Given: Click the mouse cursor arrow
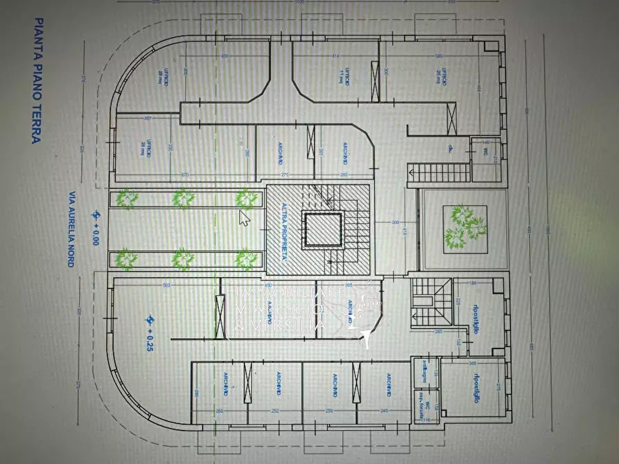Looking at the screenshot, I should [244, 218].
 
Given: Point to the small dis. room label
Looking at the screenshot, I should [450, 148].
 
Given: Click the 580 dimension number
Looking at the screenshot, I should [439, 55].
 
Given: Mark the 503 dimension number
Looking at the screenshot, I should [166, 285].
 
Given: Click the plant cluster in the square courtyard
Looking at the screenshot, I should [462, 227].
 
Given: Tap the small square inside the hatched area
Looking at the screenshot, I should [322, 229].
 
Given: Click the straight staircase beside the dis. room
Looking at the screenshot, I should [437, 172].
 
